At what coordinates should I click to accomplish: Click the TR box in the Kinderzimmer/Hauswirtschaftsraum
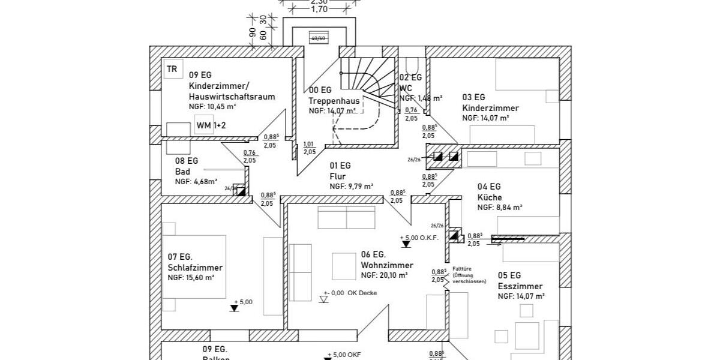[172, 69]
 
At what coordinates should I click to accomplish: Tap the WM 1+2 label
[211, 125]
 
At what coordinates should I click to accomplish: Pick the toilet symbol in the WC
[412, 65]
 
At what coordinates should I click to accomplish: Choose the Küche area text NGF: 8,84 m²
[500, 208]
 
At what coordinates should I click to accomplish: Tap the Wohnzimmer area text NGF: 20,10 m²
[384, 275]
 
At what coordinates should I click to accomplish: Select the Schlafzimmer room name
[195, 268]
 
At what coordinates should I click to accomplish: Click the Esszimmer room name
[520, 286]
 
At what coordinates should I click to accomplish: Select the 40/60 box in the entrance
[317, 38]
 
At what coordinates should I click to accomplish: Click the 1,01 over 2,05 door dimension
[310, 148]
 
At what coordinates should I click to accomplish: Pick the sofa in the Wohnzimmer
[346, 218]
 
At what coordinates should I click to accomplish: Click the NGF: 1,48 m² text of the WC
[421, 98]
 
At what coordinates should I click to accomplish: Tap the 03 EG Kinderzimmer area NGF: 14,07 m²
[485, 118]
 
